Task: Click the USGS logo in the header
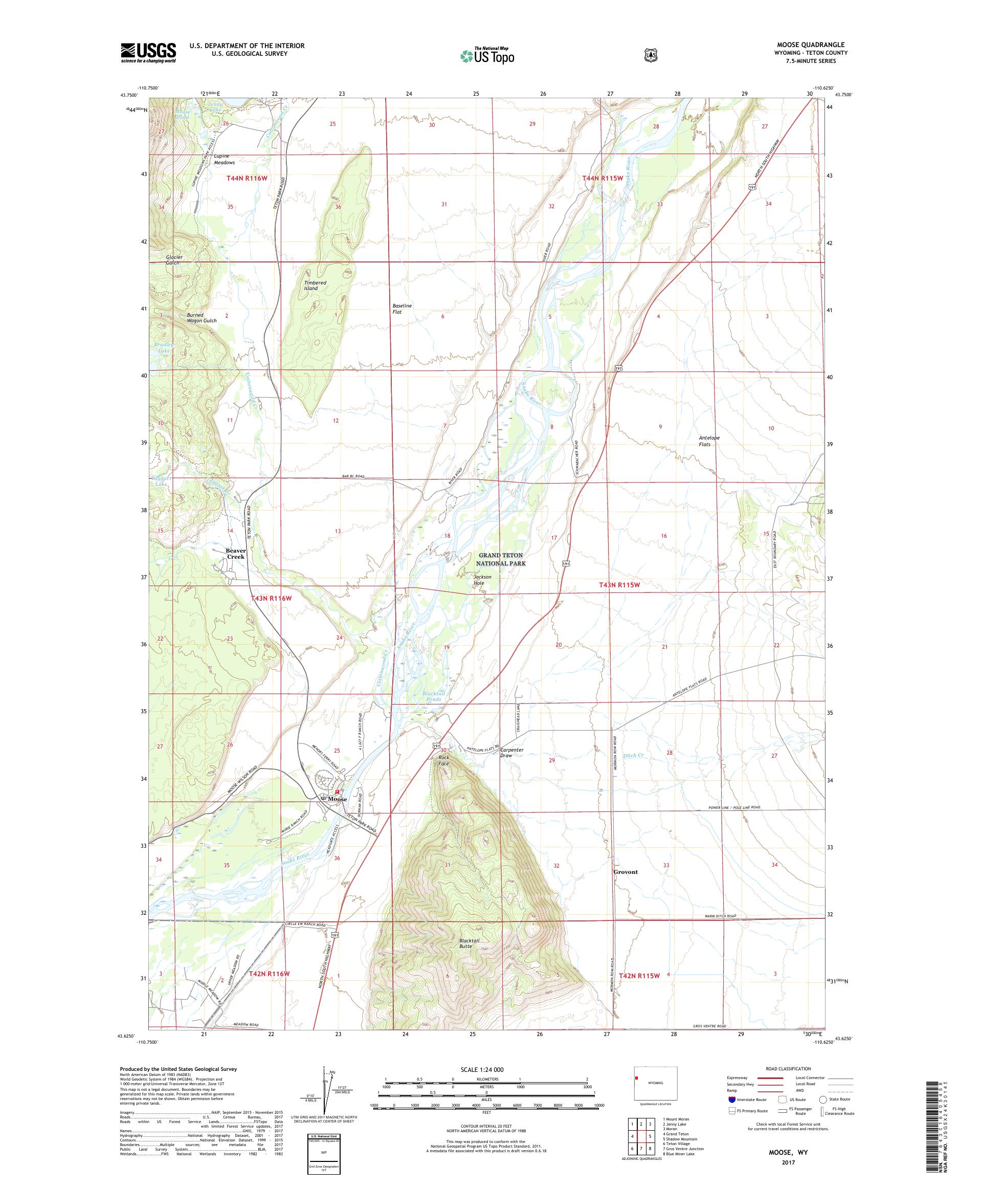coord(148,53)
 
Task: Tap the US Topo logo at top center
coord(487,55)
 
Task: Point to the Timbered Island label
coord(315,285)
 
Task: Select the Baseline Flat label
coord(401,309)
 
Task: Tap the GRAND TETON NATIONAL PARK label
coord(501,559)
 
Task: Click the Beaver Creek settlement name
coord(236,554)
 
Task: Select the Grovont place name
coord(625,872)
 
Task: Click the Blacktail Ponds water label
coord(433,696)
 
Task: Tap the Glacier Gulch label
coord(173,260)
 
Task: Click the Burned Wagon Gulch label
coord(202,318)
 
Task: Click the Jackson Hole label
coord(482,580)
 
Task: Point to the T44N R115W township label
coord(602,178)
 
